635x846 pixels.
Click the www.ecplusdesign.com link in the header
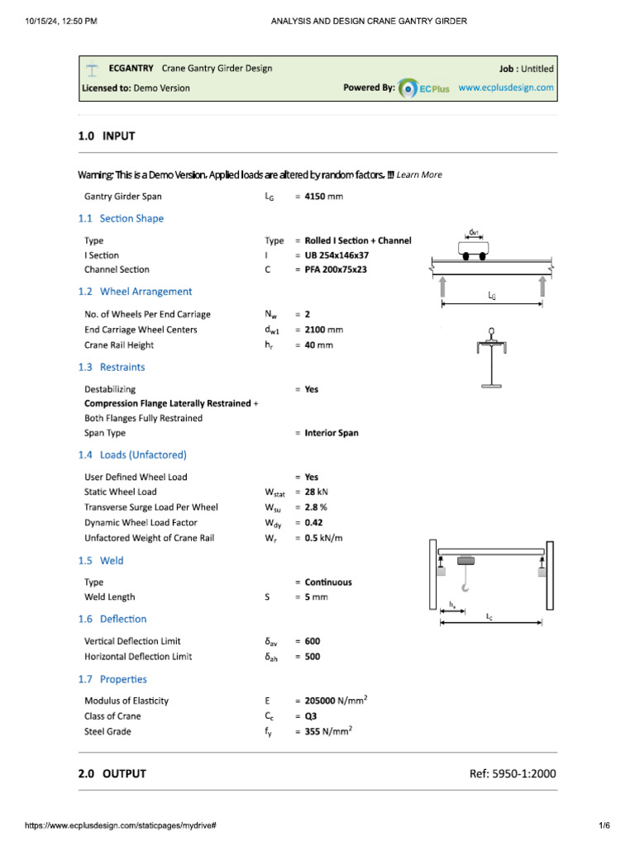506,88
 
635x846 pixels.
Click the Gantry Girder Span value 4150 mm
323,197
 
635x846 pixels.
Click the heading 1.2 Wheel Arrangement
135,292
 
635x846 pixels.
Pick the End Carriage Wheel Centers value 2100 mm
323,330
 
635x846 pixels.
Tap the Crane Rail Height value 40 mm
318,345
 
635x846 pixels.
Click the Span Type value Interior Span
331,433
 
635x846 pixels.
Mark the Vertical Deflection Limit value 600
313,641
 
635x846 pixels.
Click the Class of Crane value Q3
311,715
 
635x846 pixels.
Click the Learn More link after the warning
419,174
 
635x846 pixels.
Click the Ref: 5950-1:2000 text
512,773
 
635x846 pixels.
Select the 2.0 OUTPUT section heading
112,773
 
